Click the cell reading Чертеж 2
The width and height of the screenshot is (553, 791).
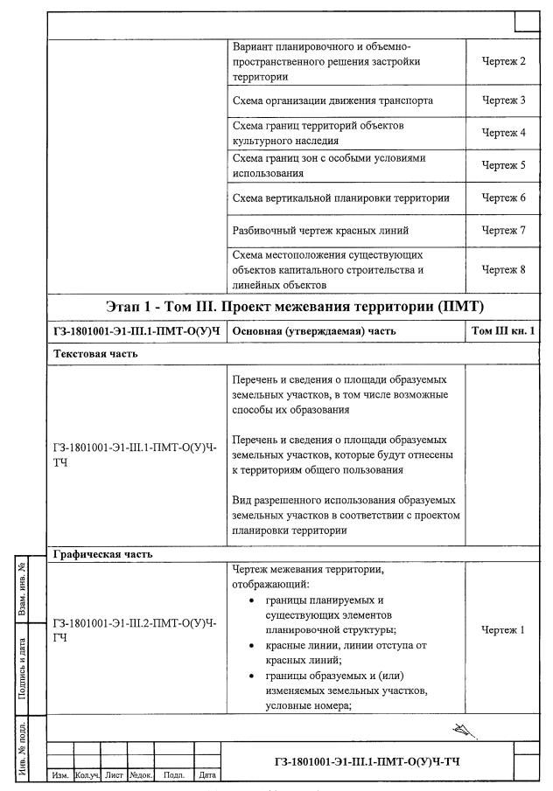[503, 62]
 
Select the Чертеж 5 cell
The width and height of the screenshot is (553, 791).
[503, 165]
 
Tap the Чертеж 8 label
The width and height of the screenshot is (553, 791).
[503, 269]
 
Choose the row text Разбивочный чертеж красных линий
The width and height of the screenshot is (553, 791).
[319, 230]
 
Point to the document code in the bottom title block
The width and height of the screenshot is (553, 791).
[367, 760]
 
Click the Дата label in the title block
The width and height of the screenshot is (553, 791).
[207, 775]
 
